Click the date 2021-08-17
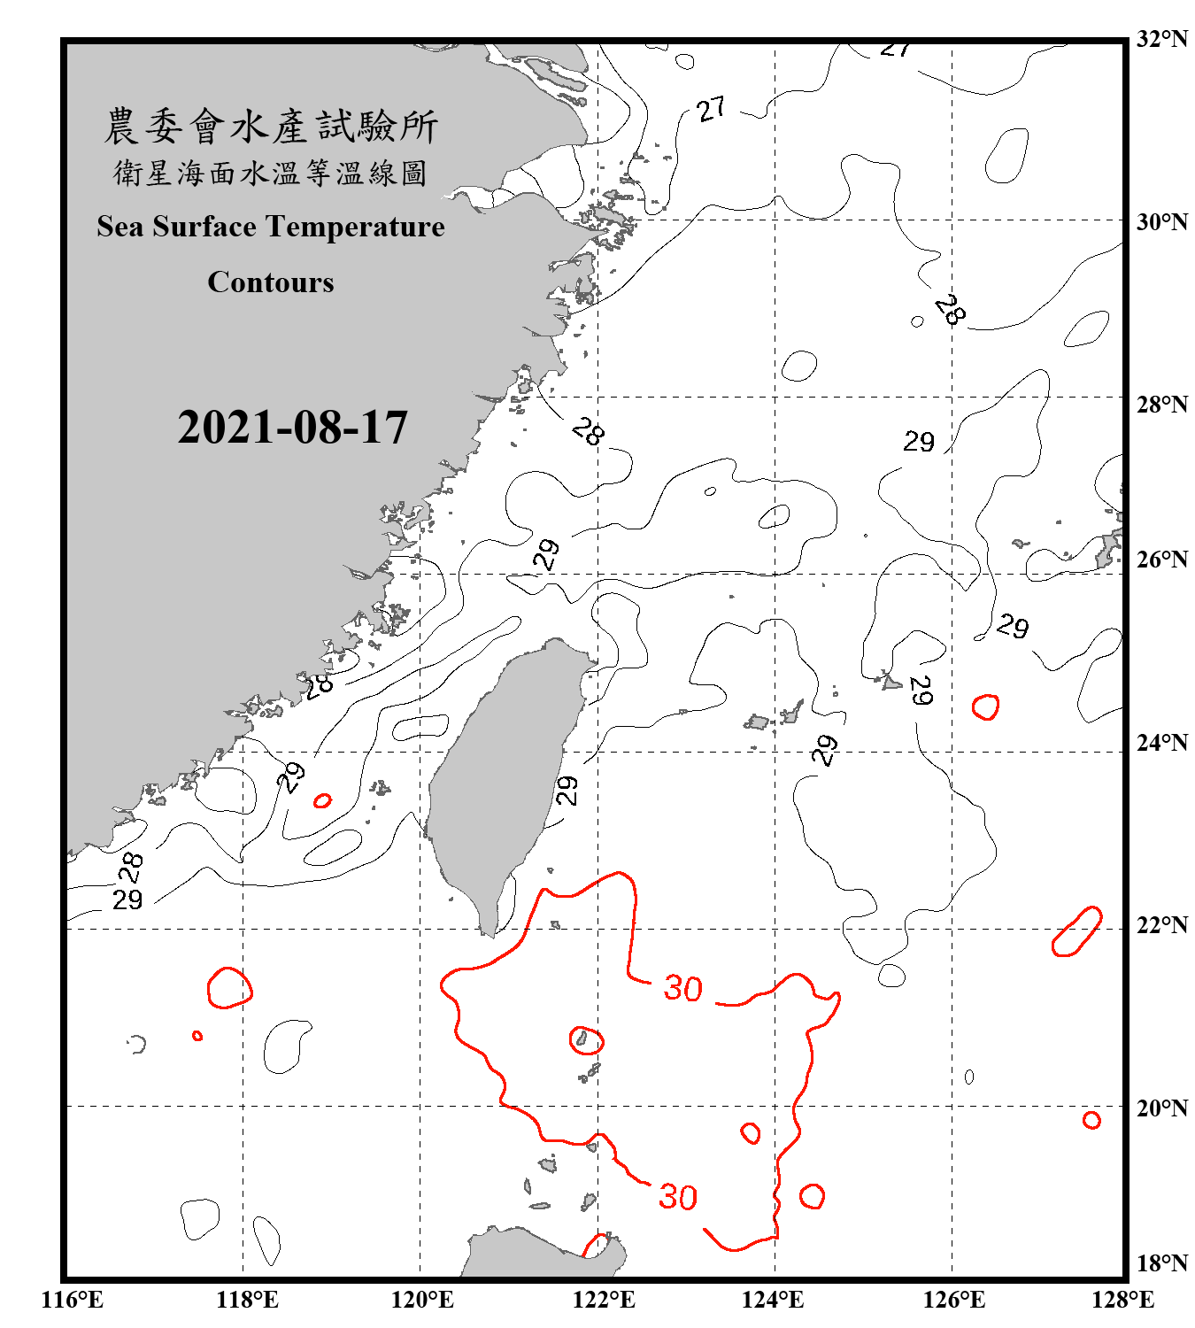click(x=292, y=428)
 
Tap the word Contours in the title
click(x=271, y=282)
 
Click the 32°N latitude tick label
click(x=1162, y=39)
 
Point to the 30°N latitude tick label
click(x=1162, y=221)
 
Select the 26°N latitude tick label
click(x=1162, y=560)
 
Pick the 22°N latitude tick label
click(x=1162, y=925)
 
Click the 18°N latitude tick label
click(x=1162, y=1263)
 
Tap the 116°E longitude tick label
click(x=73, y=1300)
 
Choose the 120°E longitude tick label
click(x=422, y=1300)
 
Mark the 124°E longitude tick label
click(x=773, y=1300)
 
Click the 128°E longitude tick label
click(x=1123, y=1300)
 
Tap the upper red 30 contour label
click(x=683, y=989)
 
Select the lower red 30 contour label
click(x=678, y=1198)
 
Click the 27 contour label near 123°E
click(x=711, y=110)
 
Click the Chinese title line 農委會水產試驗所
click(x=271, y=127)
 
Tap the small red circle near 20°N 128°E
click(x=1091, y=1120)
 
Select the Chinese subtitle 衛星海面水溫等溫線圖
click(x=271, y=173)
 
